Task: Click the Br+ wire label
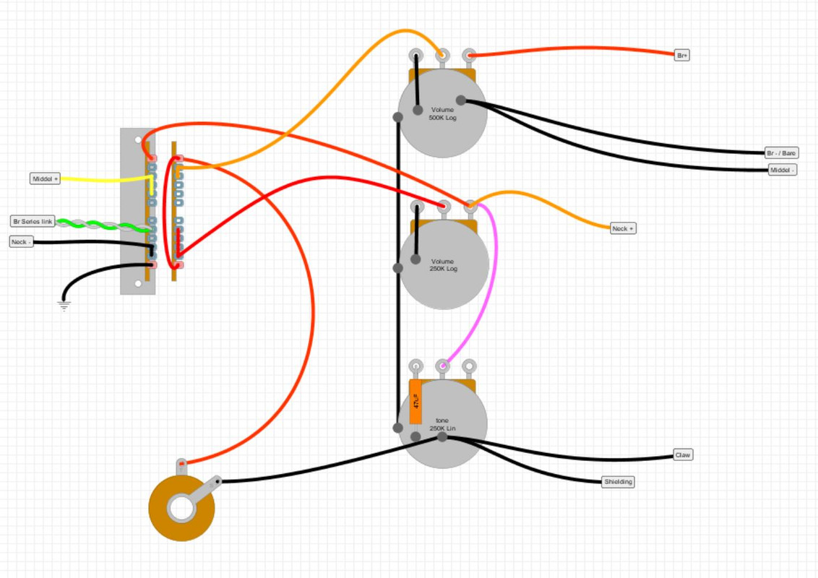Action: [681, 55]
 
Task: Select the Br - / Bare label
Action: [782, 152]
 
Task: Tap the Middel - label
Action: [783, 170]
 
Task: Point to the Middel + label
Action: [45, 178]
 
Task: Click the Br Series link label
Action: [33, 221]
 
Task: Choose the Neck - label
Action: [22, 241]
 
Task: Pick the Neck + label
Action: [623, 228]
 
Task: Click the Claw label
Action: [682, 455]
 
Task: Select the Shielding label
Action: [618, 481]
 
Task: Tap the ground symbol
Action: [64, 306]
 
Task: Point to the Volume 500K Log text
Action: [442, 113]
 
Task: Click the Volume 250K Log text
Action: [442, 265]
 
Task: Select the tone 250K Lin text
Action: [442, 424]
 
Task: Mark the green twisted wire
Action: [101, 224]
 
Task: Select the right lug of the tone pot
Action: [469, 366]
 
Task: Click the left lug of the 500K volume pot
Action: [416, 55]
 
